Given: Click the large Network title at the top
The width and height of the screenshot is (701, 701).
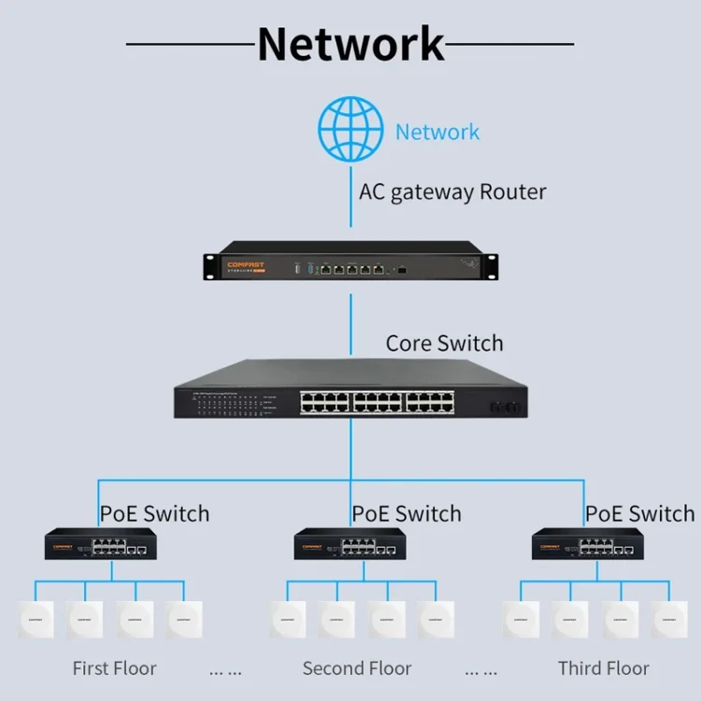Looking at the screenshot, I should point(350,44).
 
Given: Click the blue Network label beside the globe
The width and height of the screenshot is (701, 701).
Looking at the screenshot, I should point(436,132).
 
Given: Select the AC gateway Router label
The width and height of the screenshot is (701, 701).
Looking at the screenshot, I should point(452,193).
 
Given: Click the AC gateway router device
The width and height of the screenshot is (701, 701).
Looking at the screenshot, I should point(350,265).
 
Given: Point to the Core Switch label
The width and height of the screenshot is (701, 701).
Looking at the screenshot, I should point(444,343).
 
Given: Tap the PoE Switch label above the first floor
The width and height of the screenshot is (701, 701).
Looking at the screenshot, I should point(154,513).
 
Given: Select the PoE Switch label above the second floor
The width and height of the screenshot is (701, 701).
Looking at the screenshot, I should point(407,513).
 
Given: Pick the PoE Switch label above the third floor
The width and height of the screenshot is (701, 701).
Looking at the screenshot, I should point(640,513).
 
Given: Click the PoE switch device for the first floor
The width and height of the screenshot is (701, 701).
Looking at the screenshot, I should point(100,544).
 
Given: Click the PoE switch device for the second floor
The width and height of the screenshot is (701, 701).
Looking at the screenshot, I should point(350,544).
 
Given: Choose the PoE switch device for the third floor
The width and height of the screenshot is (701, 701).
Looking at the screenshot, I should point(587,544).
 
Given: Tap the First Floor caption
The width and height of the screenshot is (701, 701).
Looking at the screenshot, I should point(114,668).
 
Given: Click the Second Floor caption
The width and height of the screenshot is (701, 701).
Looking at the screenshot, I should point(357,668).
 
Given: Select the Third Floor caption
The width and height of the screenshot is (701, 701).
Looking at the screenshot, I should point(603,668).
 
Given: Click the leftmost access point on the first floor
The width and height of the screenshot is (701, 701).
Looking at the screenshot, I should point(36,619).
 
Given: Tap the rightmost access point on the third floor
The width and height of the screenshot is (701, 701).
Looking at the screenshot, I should point(669,619).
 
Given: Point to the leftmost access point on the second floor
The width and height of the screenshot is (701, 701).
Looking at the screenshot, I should point(287,619).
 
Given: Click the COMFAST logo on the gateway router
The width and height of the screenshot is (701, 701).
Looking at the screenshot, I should point(246,265).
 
